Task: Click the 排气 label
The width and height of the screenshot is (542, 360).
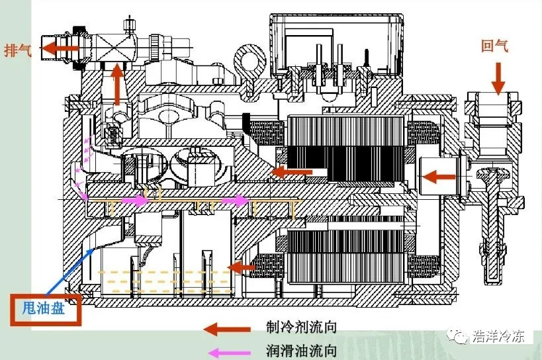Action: pyautogui.click(x=18, y=50)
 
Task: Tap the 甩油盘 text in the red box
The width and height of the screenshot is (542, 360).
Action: pyautogui.click(x=44, y=308)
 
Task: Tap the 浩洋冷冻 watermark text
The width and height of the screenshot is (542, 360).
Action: pyautogui.click(x=498, y=335)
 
